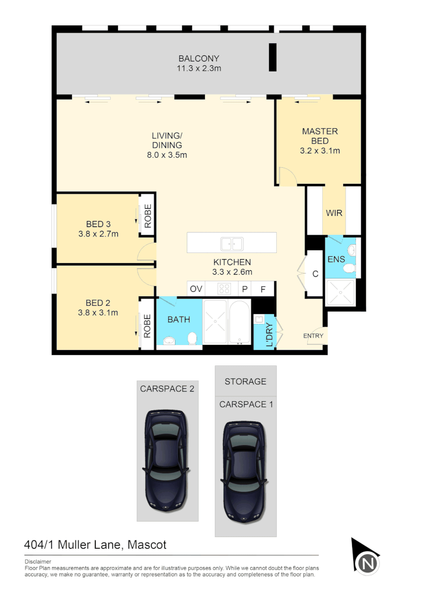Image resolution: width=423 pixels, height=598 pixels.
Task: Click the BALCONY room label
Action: (199, 59)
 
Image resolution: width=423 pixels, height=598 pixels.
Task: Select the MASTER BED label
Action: (319, 136)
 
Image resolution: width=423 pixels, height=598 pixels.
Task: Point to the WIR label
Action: (334, 213)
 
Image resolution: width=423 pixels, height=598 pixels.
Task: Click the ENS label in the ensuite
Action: (336, 259)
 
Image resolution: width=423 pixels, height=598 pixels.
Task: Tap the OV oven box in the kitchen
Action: (196, 289)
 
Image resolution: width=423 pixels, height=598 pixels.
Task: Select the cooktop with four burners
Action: (225, 288)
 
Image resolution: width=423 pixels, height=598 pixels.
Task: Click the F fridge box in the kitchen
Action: (263, 289)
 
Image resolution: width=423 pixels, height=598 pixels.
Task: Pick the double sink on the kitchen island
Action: (231, 243)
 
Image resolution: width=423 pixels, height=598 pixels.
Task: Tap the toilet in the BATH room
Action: (192, 337)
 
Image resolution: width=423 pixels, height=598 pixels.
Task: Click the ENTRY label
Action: (313, 336)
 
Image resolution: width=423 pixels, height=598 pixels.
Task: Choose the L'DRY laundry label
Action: (270, 334)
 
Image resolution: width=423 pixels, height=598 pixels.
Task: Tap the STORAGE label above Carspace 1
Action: (245, 382)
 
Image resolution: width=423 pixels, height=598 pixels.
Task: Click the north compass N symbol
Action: (367, 564)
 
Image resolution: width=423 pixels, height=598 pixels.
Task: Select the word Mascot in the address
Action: (147, 545)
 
